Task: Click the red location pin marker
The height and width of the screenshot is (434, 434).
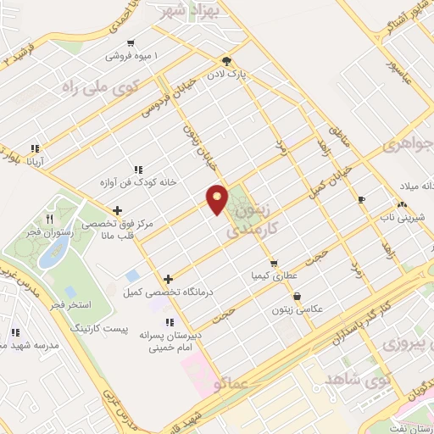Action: (218, 199)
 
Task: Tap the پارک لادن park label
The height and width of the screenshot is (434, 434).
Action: (253, 75)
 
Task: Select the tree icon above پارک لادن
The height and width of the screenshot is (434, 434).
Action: (226, 61)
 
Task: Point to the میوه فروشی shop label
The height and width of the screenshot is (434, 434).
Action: (132, 56)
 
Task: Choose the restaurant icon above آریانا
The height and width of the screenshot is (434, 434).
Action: (36, 147)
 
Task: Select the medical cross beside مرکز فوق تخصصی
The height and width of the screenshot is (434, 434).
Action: (117, 210)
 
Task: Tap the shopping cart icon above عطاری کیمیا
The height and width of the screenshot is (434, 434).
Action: (273, 263)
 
